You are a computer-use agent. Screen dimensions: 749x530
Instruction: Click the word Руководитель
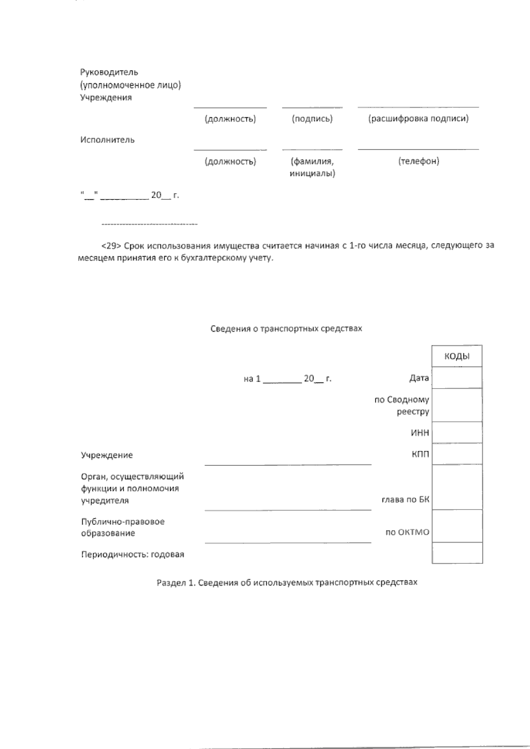pyautogui.click(x=109, y=72)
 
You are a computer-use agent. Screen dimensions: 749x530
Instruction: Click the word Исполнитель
pyautogui.click(x=107, y=140)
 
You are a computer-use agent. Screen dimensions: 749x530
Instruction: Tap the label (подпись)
pyautogui.click(x=312, y=119)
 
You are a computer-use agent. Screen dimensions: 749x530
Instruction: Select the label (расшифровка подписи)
pyautogui.click(x=418, y=118)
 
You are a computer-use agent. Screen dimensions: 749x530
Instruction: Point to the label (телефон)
pyautogui.click(x=418, y=161)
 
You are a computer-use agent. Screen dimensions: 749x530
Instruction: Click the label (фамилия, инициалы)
pyautogui.click(x=312, y=167)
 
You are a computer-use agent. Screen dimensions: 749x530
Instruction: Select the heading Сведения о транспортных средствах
pyautogui.click(x=286, y=329)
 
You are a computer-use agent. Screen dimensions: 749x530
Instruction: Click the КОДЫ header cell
pyautogui.click(x=457, y=356)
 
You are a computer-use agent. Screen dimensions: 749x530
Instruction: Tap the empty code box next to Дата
pyautogui.click(x=457, y=378)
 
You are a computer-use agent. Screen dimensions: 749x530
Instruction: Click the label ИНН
pyautogui.click(x=420, y=433)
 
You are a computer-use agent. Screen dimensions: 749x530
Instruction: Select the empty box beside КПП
pyautogui.click(x=457, y=453)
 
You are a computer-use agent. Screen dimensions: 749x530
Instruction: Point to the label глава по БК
pyautogui.click(x=405, y=500)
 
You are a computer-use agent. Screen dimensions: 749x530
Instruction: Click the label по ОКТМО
pyautogui.click(x=407, y=532)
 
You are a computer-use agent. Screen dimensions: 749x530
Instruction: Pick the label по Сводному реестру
pyautogui.click(x=402, y=405)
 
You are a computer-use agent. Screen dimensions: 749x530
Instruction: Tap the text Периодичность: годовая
pyautogui.click(x=132, y=554)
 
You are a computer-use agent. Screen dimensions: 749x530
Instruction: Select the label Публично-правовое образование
pyautogui.click(x=122, y=527)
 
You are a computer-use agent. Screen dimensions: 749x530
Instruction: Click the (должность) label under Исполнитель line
pyautogui.click(x=230, y=161)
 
